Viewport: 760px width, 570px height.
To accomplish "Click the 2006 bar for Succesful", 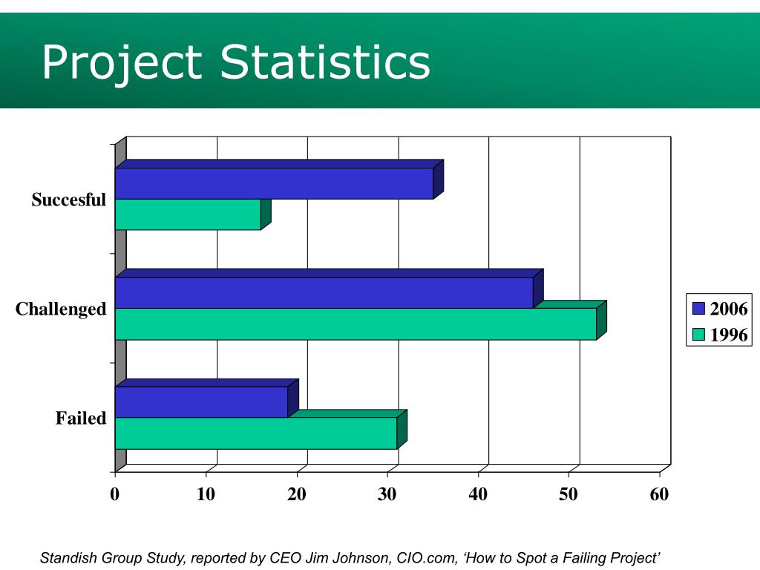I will (274, 183).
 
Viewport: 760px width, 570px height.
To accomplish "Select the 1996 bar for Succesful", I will (188, 214).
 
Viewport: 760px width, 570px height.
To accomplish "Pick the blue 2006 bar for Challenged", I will (324, 292).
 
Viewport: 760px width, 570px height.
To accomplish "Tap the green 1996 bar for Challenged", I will (356, 324).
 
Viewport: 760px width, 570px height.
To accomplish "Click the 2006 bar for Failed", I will (201, 402).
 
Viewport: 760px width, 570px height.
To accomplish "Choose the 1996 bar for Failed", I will (256, 433).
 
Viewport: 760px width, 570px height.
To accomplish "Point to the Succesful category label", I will (69, 200).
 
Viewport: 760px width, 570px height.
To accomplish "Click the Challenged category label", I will (61, 309).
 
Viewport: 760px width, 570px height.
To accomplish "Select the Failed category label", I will (81, 419).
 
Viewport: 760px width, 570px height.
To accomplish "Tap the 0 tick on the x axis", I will (115, 494).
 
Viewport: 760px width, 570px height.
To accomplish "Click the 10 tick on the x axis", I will (206, 494).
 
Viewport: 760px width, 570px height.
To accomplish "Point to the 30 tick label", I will (387, 494).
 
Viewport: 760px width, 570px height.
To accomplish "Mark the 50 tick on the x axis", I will (569, 494).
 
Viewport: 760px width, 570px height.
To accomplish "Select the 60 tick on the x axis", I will (659, 494).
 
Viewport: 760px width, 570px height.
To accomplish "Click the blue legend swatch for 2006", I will (698, 309).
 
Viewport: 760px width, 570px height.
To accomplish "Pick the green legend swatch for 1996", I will (698, 335).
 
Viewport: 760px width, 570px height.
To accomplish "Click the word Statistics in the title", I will (325, 62).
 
